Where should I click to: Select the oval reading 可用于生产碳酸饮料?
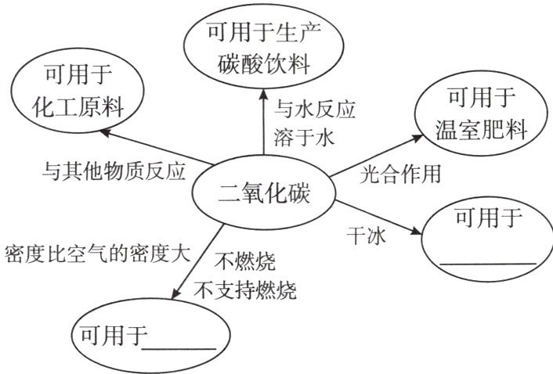point(263,49)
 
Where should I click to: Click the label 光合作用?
point(400,174)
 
